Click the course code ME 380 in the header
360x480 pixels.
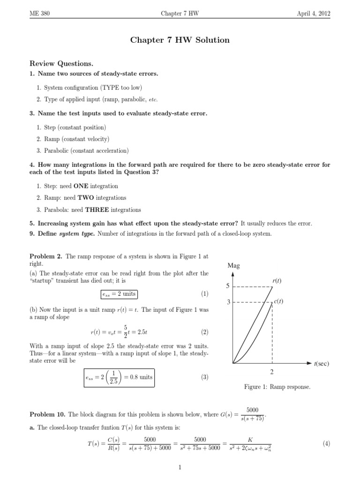point(39,14)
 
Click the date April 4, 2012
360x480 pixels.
point(314,14)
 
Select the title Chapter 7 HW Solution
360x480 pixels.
point(180,40)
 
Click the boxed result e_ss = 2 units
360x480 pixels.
point(119,294)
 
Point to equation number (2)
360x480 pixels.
point(204,333)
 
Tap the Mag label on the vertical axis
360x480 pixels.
point(233,266)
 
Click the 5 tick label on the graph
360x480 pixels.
point(228,286)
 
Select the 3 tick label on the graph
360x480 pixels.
point(228,302)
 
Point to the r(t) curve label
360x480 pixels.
point(277,281)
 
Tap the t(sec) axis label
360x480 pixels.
point(321,363)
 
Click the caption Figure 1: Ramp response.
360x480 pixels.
point(277,387)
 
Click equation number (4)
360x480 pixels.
point(327,443)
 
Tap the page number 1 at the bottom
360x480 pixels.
point(180,467)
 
